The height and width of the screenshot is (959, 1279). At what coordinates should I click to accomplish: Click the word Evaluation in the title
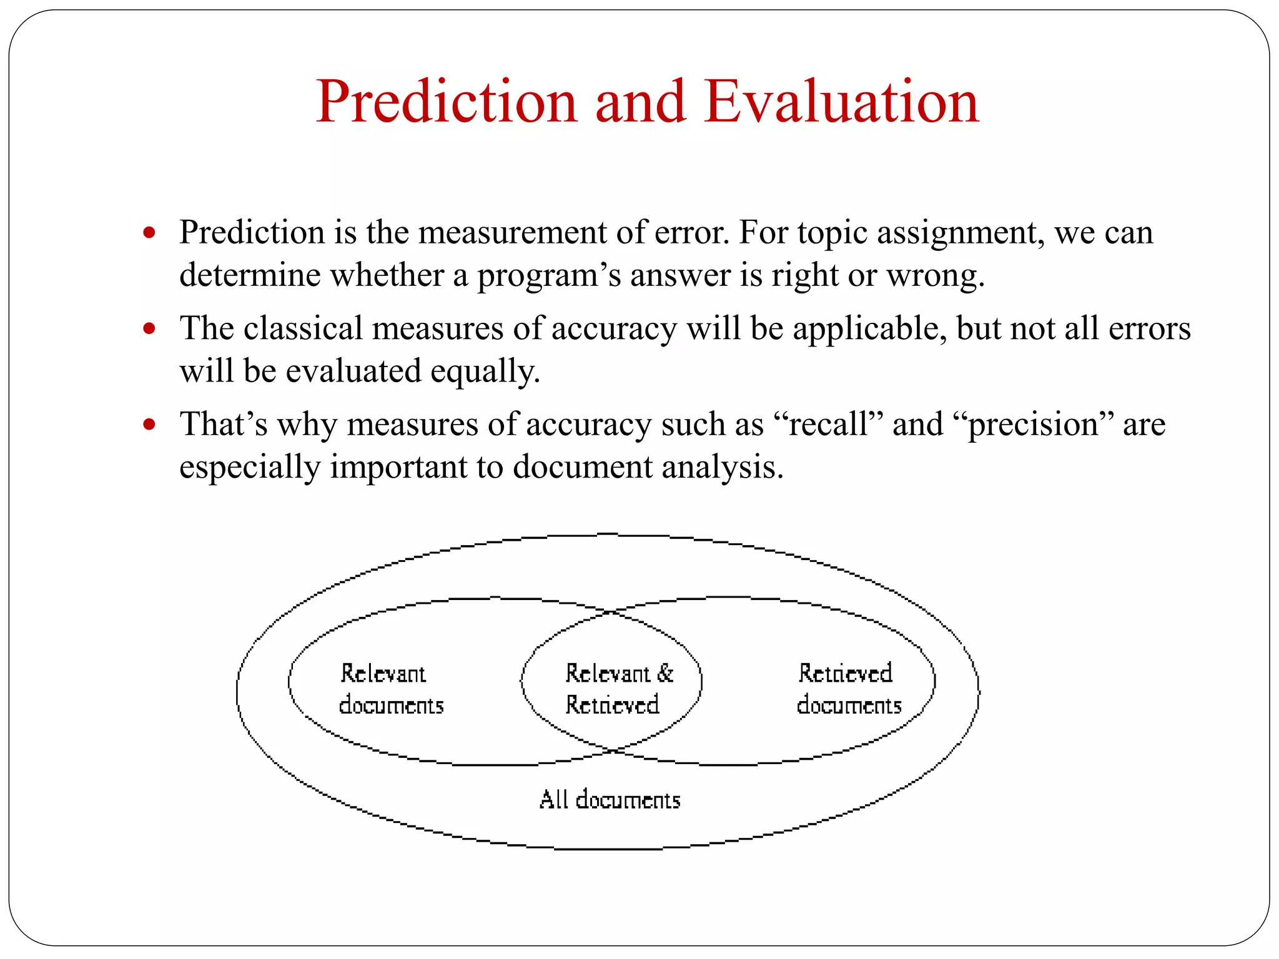[x=841, y=102]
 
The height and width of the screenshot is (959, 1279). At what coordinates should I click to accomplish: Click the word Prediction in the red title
[x=446, y=102]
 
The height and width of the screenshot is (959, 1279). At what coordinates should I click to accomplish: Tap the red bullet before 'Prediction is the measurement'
[x=149, y=233]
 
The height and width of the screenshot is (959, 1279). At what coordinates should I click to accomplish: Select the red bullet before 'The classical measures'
[x=149, y=328]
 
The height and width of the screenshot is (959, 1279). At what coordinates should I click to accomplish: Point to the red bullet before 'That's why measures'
[x=149, y=425]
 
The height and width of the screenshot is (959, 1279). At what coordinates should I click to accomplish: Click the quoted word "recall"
[x=828, y=425]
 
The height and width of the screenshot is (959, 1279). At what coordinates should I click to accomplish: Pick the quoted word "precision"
[x=1033, y=425]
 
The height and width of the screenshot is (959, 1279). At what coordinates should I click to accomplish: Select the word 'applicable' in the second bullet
[x=869, y=328]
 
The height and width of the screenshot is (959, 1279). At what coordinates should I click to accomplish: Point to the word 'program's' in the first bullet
[x=549, y=276]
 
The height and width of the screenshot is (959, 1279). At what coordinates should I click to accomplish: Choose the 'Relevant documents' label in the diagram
[x=390, y=689]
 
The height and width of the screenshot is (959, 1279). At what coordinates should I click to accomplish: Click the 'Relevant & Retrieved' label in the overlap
[x=615, y=689]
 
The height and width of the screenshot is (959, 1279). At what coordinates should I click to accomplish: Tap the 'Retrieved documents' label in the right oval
[x=848, y=689]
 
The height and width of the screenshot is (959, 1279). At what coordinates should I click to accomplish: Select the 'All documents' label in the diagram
[x=610, y=800]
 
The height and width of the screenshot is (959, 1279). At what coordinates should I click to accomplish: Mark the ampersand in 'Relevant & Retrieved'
[x=665, y=673]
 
